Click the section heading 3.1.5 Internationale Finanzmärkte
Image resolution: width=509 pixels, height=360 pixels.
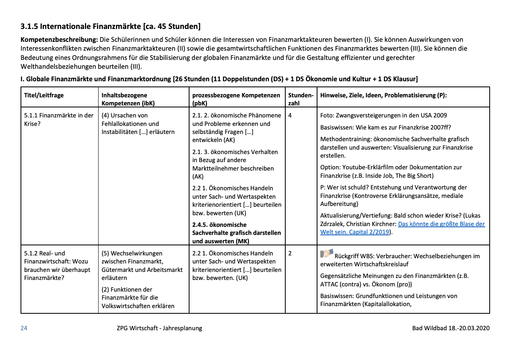[x=110, y=27]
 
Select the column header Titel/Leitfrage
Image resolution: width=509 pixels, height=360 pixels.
[x=44, y=95]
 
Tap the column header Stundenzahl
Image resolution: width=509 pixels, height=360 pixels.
[x=301, y=99]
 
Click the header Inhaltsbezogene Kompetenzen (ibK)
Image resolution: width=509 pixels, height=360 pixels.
[x=128, y=99]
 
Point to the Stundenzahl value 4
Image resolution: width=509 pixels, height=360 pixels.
[x=290, y=115]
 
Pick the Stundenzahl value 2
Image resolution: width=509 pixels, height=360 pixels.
[x=290, y=253]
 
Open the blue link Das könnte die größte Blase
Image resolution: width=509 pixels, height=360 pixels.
[x=441, y=224]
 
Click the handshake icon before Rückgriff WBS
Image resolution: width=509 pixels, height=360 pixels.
[x=327, y=253]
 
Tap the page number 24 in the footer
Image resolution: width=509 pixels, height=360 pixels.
[x=24, y=328]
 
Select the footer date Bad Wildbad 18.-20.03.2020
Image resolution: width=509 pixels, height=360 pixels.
[x=451, y=328]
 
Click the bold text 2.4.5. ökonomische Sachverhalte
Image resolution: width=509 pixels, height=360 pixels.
[x=237, y=233]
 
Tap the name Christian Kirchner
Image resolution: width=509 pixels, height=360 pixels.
[x=371, y=224]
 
